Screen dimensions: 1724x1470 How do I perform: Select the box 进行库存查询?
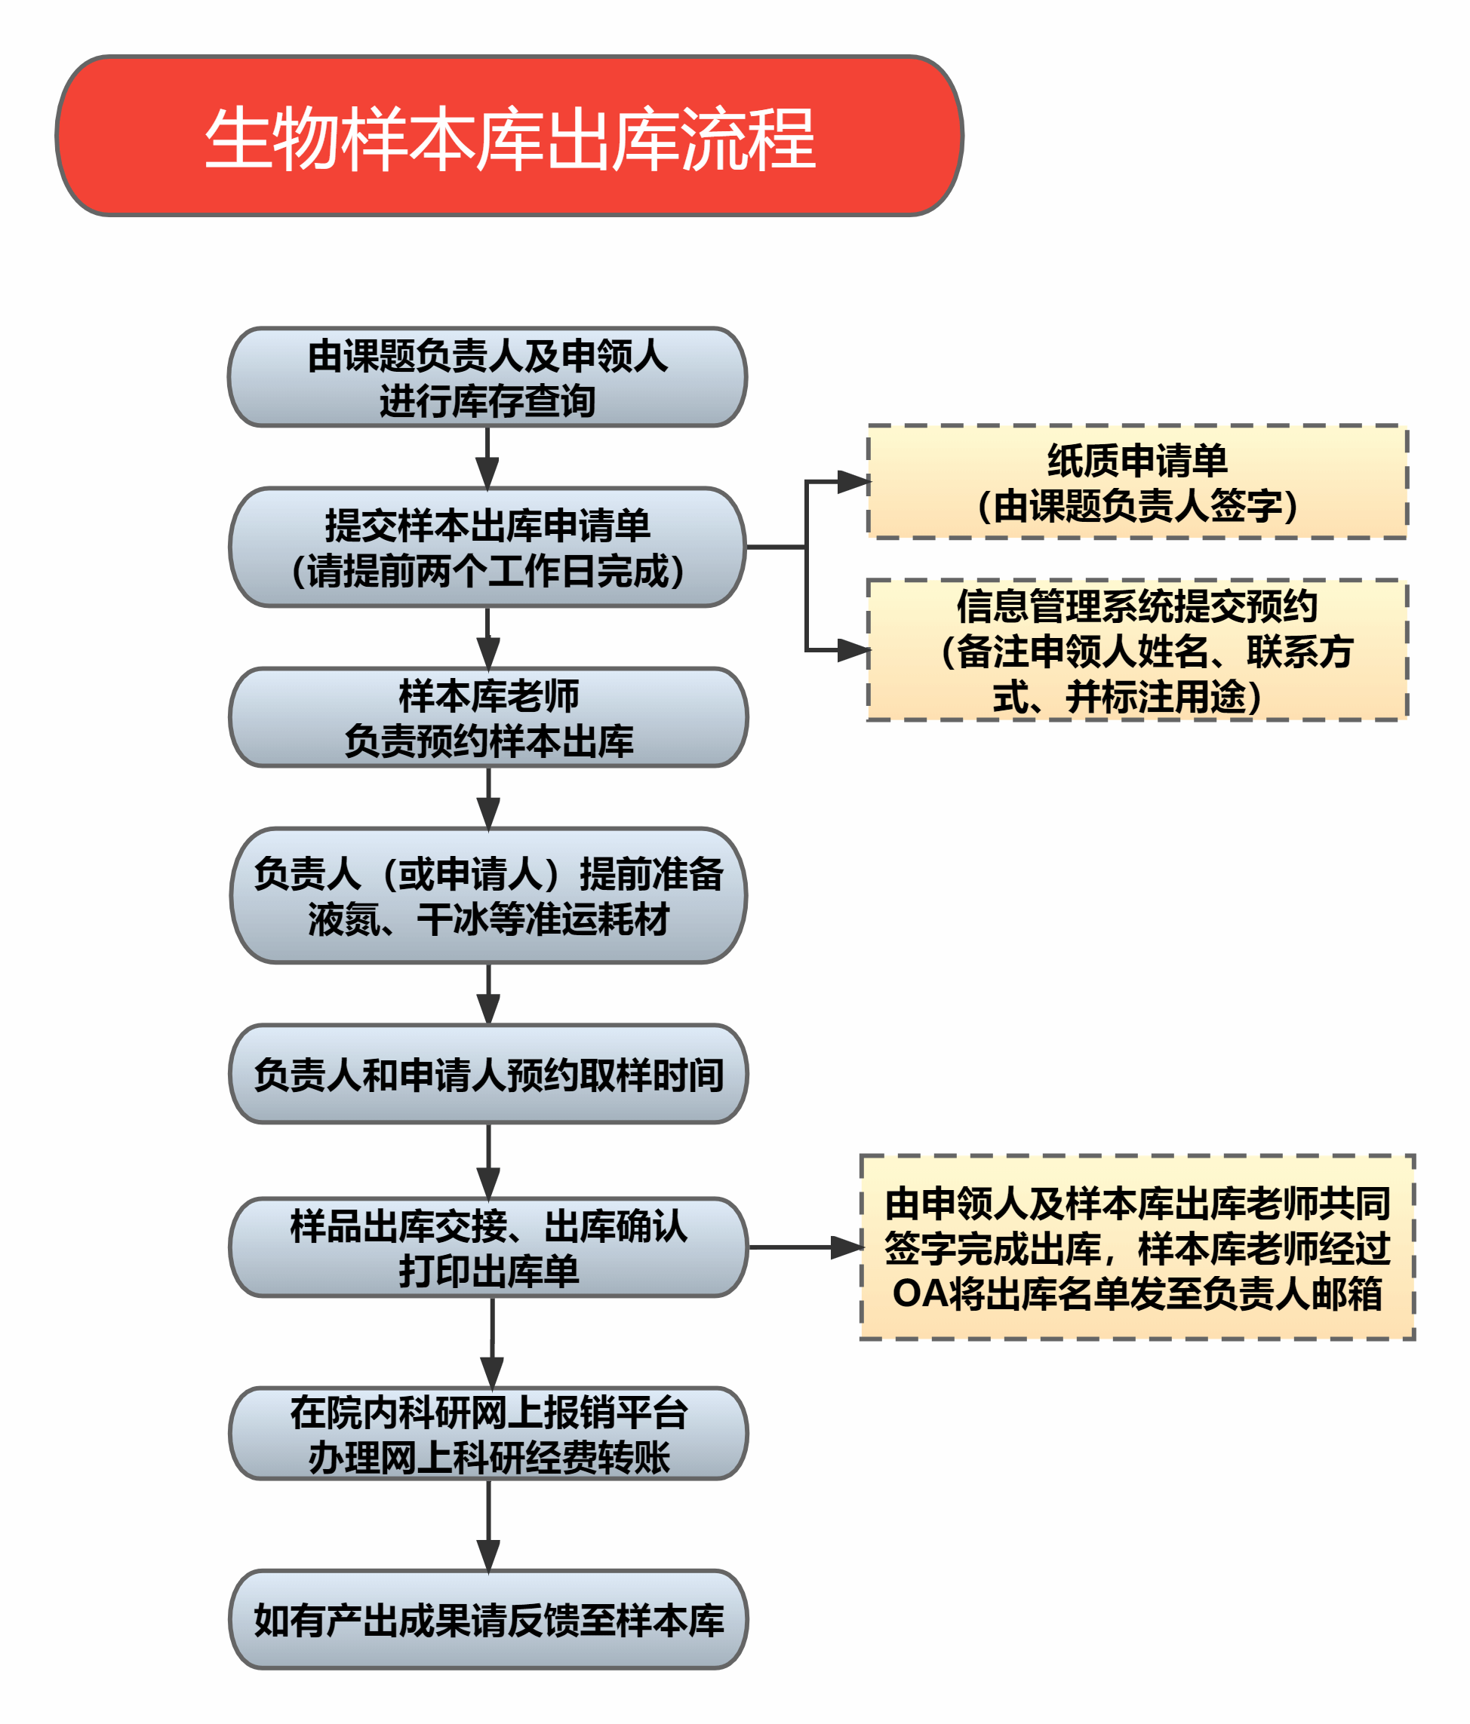(x=487, y=377)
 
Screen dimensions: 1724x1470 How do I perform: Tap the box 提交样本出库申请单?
(x=487, y=547)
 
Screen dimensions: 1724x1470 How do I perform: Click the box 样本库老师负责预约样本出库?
(x=487, y=717)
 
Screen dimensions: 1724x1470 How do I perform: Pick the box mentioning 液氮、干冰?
(x=487, y=895)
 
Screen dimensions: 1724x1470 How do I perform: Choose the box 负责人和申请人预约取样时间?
(x=487, y=1074)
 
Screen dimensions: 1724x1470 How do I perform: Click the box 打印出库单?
(x=487, y=1247)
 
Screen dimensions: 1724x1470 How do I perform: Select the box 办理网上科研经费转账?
(x=487, y=1434)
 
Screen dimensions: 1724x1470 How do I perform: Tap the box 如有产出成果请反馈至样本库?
(x=487, y=1620)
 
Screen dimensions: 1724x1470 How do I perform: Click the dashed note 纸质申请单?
(x=1137, y=482)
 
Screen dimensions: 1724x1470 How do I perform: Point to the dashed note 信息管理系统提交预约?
(x=1137, y=650)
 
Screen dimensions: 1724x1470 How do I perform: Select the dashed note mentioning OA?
(x=1137, y=1247)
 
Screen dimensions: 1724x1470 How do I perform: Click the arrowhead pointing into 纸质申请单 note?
(x=853, y=481)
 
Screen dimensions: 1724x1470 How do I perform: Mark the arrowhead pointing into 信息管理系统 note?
(x=853, y=650)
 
